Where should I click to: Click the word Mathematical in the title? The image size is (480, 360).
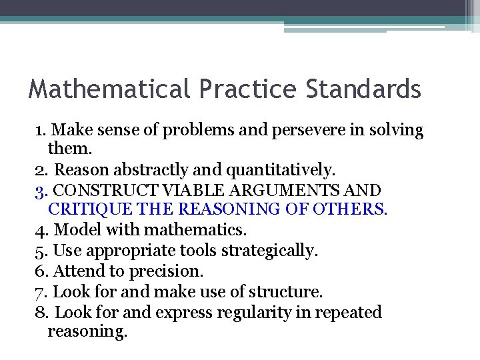(x=109, y=89)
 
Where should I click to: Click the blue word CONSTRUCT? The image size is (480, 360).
(x=106, y=190)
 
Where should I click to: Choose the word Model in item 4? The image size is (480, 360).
(x=72, y=230)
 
